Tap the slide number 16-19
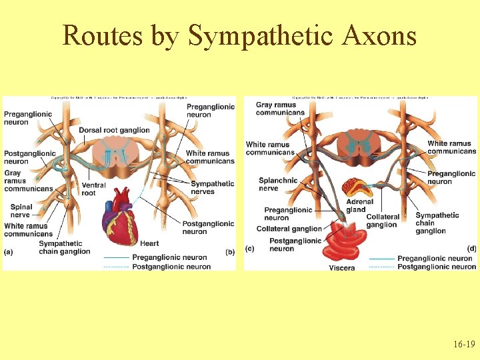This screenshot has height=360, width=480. (464, 345)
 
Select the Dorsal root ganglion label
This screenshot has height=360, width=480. (114, 130)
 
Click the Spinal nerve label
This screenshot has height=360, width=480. (21, 211)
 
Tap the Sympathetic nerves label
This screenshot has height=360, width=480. (212, 187)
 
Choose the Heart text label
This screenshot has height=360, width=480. (149, 243)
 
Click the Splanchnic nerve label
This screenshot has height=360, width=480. (277, 184)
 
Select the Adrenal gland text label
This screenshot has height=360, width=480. (359, 205)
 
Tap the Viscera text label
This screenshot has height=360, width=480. (341, 268)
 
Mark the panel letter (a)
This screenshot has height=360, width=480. (7, 251)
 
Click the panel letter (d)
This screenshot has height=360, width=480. (471, 248)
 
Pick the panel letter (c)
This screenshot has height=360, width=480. (249, 248)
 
